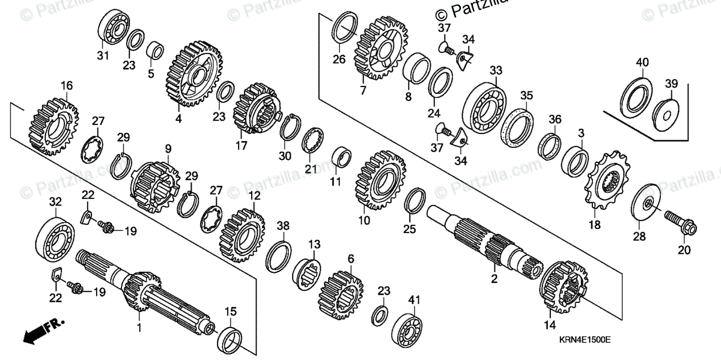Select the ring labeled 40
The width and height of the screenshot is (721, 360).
(635, 97)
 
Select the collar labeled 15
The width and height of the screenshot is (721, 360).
(231, 340)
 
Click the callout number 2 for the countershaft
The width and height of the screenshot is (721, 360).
(494, 279)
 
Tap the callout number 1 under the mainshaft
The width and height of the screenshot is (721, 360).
(139, 328)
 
